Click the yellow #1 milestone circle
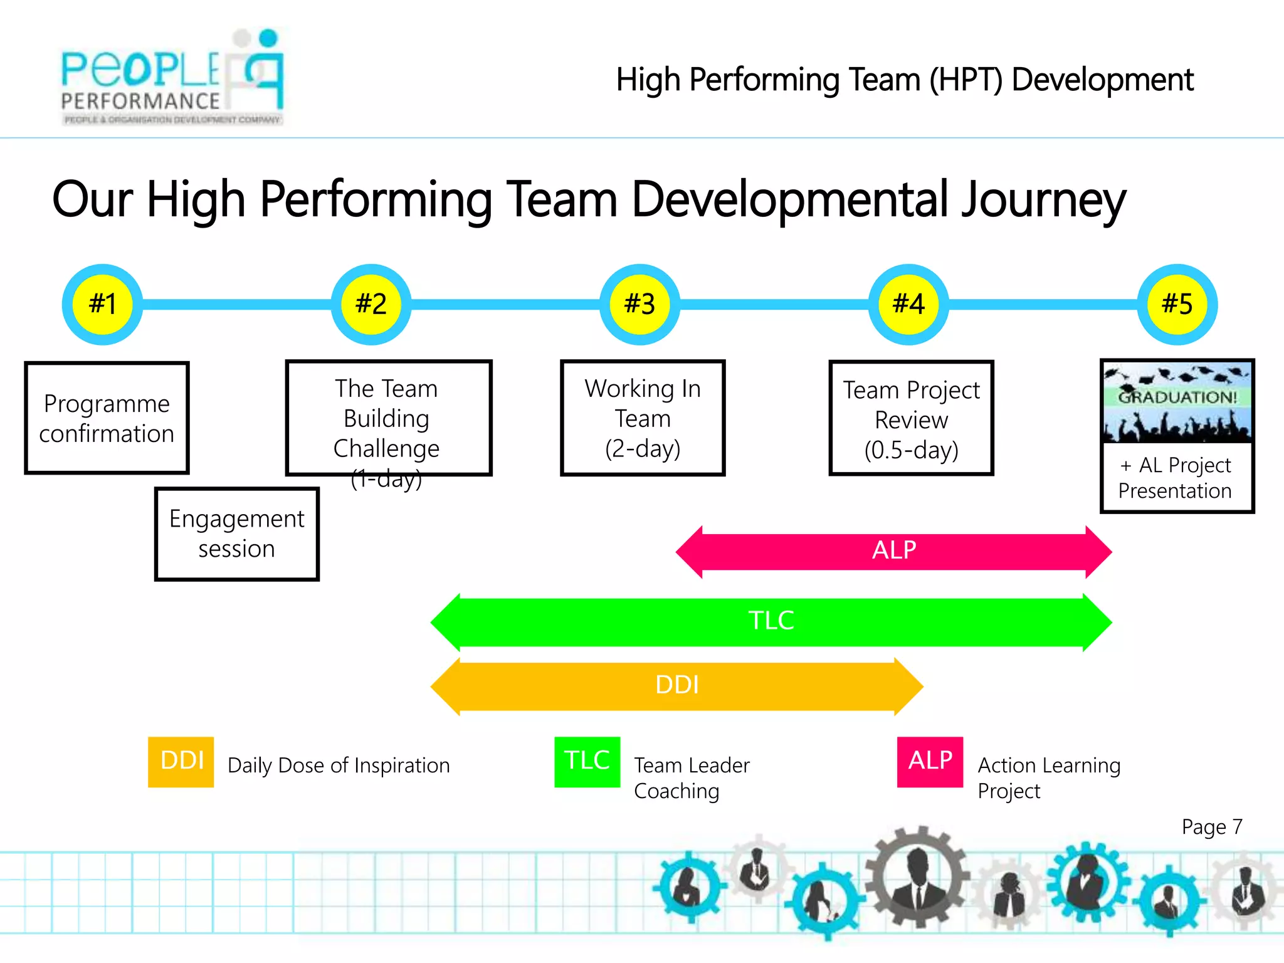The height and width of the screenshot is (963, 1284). point(102,304)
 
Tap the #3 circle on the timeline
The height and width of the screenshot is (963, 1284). point(639,304)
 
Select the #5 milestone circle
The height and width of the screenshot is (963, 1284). point(1177,304)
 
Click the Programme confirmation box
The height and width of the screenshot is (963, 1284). point(107,418)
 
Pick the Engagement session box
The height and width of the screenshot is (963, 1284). point(236,534)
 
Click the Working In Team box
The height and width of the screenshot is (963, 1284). point(642,418)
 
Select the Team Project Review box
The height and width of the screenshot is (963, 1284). point(911,418)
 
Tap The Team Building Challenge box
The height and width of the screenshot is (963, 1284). point(387,418)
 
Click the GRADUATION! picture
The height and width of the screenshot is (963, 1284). point(1177,401)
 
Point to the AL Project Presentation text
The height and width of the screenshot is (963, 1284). point(1176,478)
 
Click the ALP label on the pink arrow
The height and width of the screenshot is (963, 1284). point(894,550)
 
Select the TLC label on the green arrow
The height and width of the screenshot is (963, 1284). point(771,621)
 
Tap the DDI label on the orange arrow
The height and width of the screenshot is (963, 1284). point(677,685)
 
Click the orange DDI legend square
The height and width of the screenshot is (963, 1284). point(181,761)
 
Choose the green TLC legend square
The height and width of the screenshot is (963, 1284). point(587,761)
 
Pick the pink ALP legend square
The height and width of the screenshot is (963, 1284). point(930,761)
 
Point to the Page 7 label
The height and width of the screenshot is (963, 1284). point(1211,827)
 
